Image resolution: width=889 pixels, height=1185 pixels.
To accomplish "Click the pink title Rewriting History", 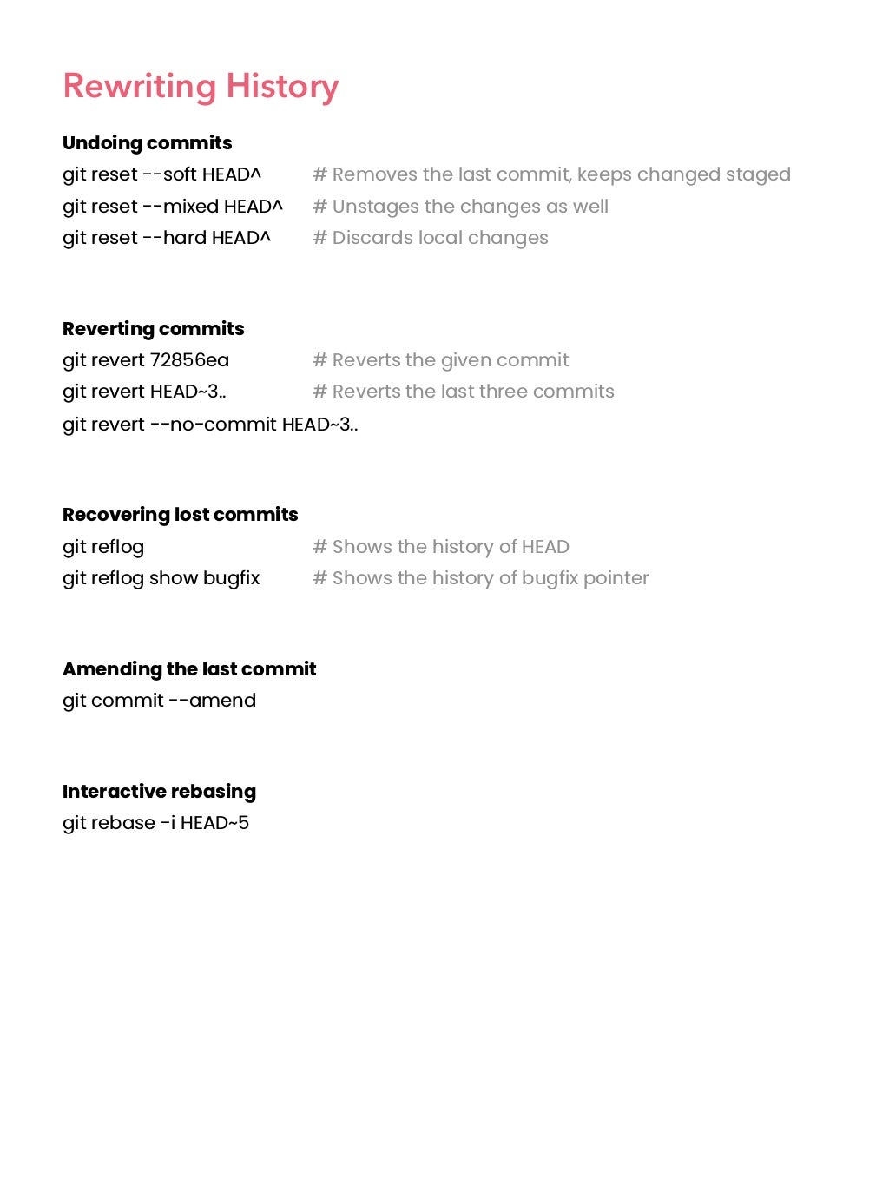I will click(x=201, y=86).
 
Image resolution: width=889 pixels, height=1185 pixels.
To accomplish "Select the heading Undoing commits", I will click(x=148, y=143).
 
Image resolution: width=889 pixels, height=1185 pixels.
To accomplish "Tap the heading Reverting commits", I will click(x=154, y=329).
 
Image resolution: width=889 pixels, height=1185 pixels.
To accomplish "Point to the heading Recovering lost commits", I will click(x=181, y=515).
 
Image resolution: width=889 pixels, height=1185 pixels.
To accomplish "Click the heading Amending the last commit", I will click(x=189, y=669).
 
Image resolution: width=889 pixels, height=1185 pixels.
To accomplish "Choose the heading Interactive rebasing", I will click(x=160, y=792).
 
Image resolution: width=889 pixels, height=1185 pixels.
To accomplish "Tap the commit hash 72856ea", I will click(x=189, y=360).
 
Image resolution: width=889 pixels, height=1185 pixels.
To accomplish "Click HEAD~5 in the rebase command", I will click(x=214, y=823).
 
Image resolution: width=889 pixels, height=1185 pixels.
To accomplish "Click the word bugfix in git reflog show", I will click(x=231, y=578).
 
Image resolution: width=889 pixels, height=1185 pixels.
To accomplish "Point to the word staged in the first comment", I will click(x=758, y=174).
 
